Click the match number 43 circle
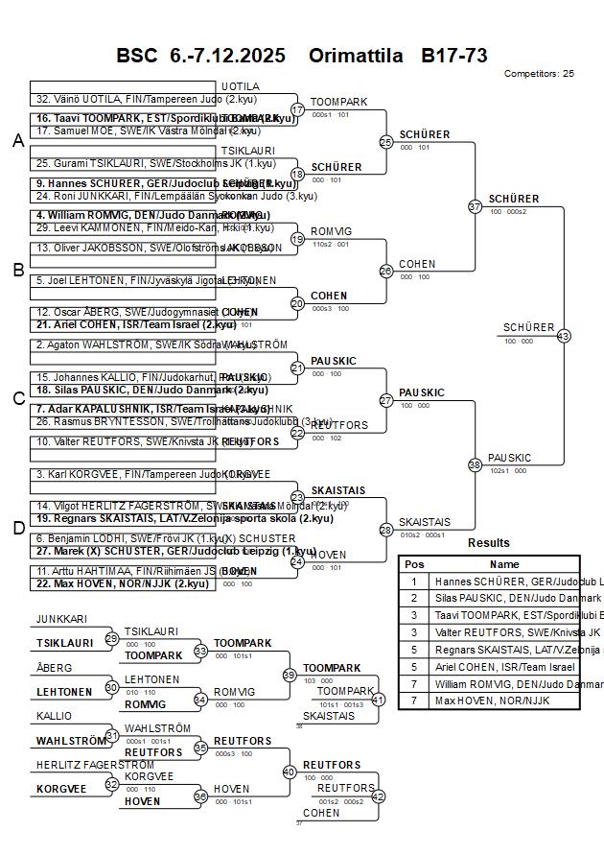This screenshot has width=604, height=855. coord(563,336)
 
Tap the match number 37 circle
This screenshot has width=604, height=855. coord(475,206)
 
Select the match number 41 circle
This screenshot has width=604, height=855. coord(378,700)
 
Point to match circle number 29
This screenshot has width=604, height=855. coord(112,638)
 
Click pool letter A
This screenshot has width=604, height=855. coord(17,141)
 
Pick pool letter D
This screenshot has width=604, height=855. coord(17,527)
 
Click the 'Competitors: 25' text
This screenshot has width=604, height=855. coord(539,73)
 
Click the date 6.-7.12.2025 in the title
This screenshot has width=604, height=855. coord(227,56)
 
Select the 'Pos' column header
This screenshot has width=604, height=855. coord(414,564)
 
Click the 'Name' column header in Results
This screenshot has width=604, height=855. coord(504,564)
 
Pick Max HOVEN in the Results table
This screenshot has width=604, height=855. coord(480,701)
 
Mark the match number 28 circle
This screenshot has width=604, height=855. coord(385,529)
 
